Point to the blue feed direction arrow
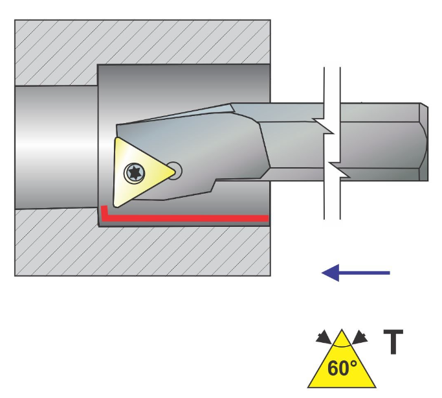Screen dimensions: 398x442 356,273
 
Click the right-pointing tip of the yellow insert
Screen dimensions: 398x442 174,172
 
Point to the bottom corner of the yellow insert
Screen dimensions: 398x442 116,205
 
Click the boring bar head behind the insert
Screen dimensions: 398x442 214,143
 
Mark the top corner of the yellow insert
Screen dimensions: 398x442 116,139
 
